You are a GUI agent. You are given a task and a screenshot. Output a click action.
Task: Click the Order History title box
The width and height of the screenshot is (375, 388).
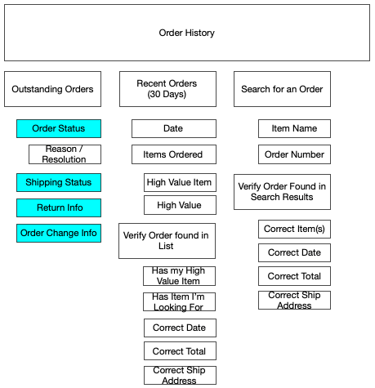point(187,33)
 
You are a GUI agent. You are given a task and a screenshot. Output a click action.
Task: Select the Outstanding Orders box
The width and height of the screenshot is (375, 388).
point(52,89)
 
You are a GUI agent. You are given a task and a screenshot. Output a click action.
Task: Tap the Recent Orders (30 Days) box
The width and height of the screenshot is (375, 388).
point(167,89)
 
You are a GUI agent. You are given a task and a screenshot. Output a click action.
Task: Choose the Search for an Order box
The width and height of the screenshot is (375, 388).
point(282,89)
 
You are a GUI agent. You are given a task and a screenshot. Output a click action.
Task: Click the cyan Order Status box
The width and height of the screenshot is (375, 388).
point(59,128)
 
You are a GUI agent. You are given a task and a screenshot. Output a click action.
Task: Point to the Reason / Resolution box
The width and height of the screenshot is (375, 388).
point(65,154)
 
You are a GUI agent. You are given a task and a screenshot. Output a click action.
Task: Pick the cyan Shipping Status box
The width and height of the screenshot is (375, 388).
point(59,182)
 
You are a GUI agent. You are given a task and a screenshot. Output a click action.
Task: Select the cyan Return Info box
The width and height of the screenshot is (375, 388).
point(59,207)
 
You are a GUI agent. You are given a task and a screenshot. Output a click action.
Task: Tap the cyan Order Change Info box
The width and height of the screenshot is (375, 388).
point(59,233)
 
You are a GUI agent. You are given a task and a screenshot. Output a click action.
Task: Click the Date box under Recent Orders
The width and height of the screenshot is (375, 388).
point(174,128)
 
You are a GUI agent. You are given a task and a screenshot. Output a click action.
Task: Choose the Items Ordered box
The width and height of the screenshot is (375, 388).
point(174,154)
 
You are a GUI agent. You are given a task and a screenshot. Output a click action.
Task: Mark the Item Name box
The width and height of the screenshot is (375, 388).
point(294,128)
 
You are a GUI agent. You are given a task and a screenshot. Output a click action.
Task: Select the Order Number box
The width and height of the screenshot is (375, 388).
point(294,154)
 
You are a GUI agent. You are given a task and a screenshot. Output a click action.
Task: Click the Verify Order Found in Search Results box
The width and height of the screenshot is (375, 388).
point(282,192)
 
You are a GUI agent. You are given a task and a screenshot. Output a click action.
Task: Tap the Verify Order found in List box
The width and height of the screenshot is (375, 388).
point(167,241)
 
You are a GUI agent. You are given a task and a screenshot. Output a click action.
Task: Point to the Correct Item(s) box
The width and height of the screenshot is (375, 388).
point(294,229)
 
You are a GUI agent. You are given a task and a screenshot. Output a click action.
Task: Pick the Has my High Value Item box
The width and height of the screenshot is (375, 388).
point(179,276)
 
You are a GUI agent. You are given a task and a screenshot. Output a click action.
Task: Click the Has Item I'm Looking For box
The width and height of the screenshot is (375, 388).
point(179,301)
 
